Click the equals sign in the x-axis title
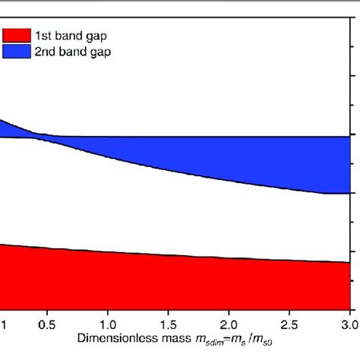point(211,335)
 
